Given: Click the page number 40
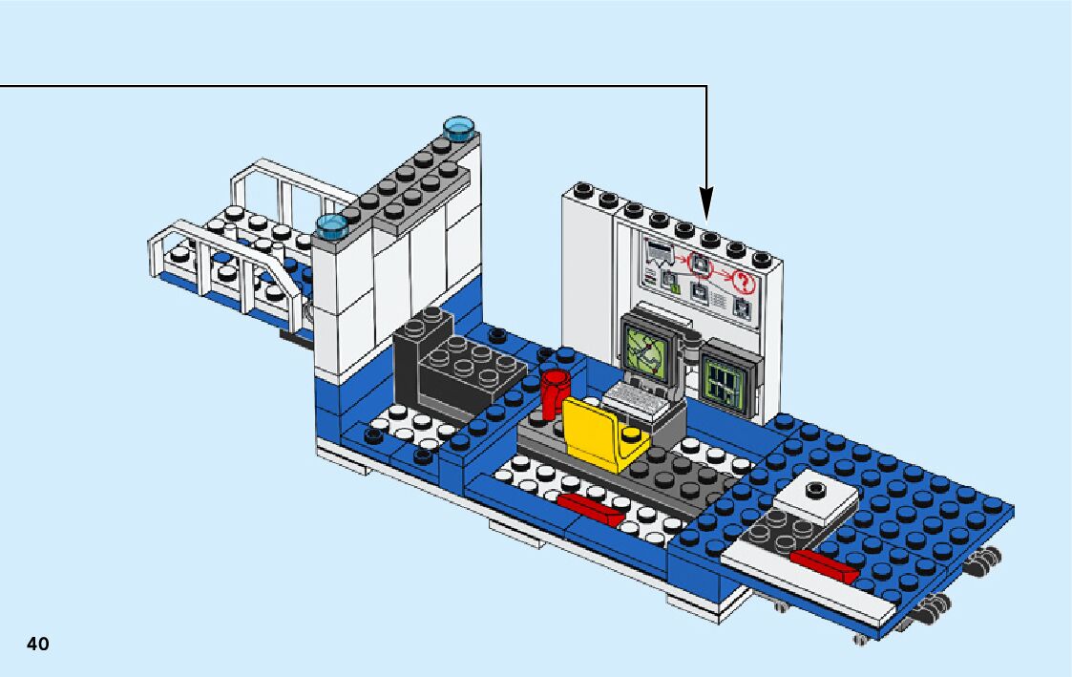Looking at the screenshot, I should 37,644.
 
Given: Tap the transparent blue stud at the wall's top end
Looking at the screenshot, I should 459,125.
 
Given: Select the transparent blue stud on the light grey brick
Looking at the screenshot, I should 331,225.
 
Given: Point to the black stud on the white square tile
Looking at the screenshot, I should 814,491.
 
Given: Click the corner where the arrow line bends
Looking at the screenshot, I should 706,86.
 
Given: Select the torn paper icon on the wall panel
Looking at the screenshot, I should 659,252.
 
